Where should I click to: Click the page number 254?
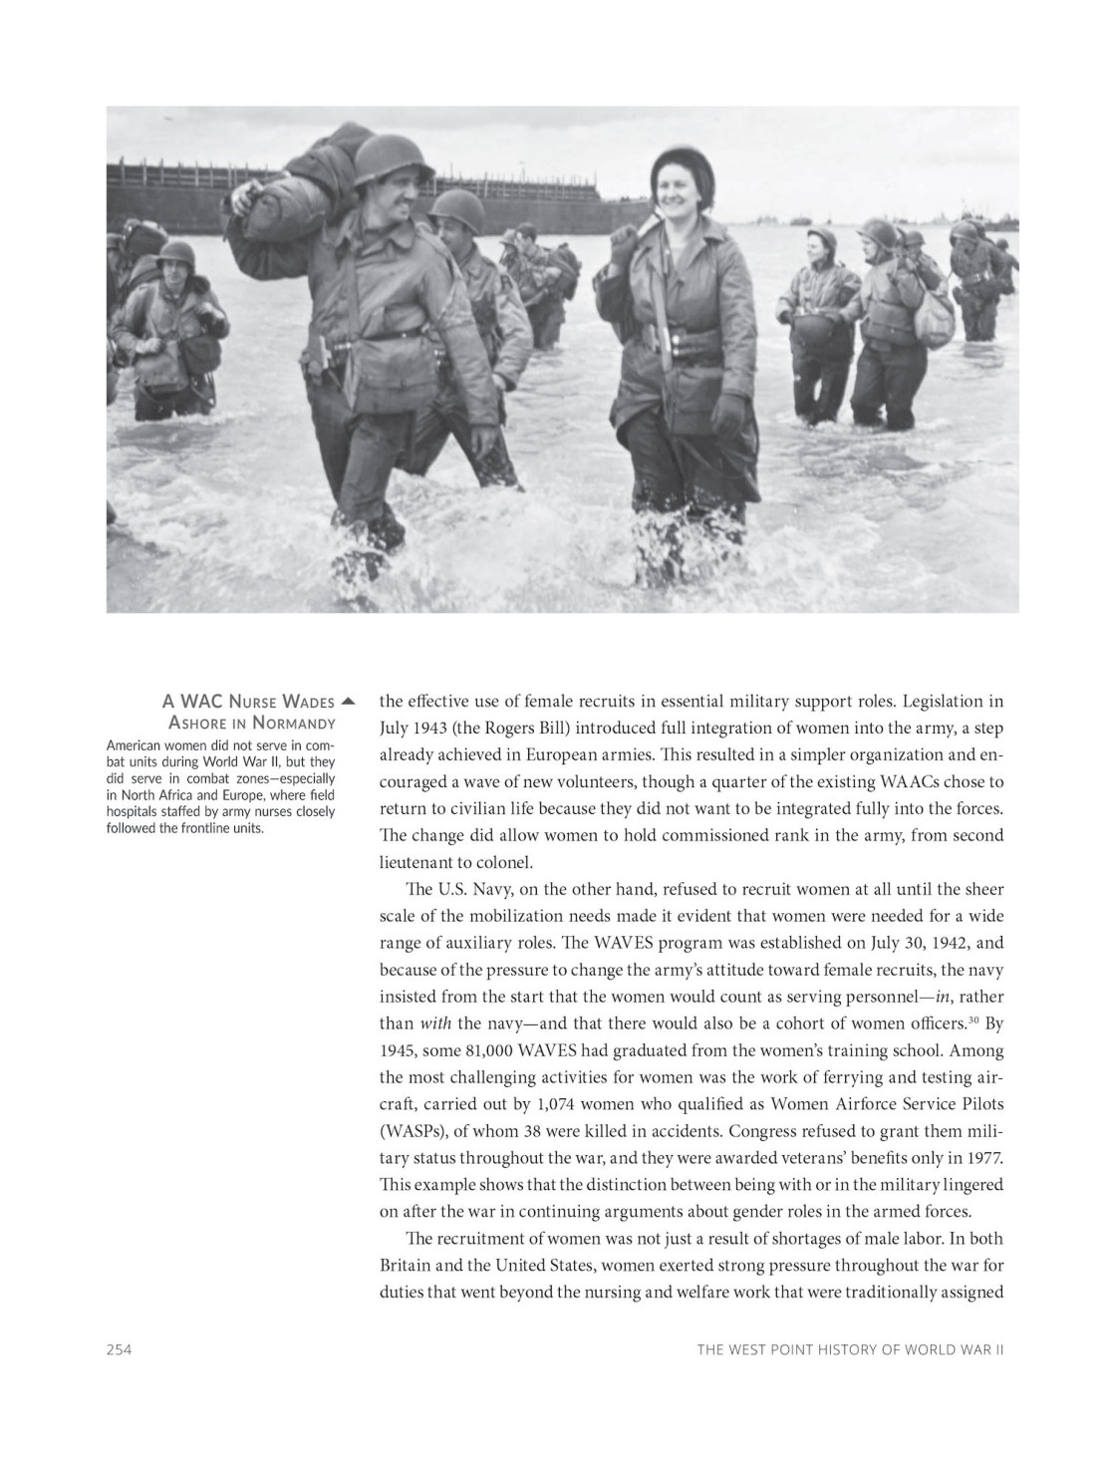tap(120, 1349)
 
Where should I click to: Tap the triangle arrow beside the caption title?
tap(347, 701)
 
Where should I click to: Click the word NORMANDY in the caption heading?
tap(294, 723)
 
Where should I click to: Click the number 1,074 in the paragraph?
tap(556, 1104)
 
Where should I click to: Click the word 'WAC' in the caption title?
tap(198, 702)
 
